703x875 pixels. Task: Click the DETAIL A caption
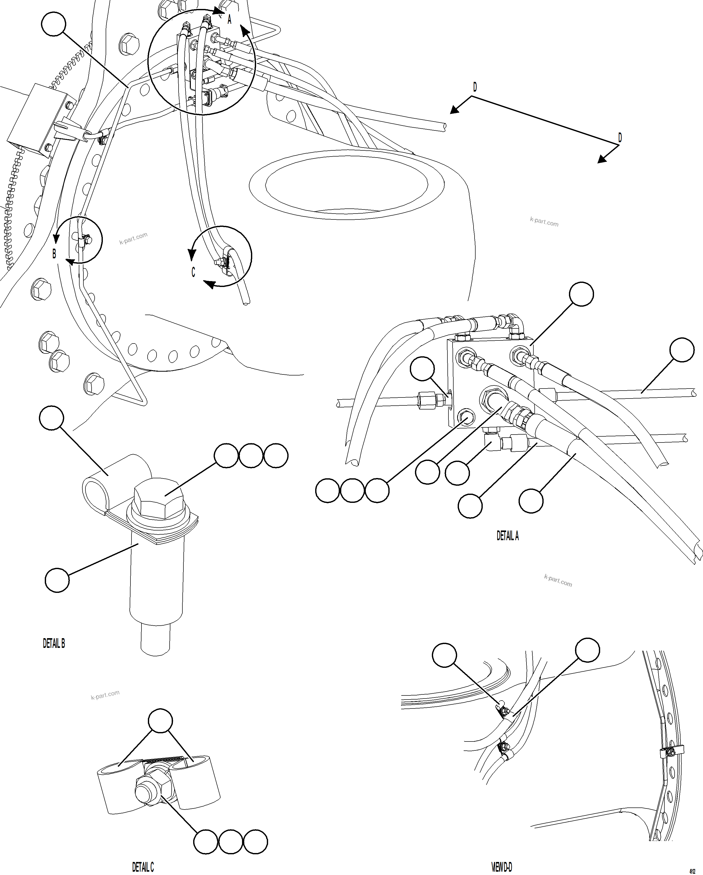pyautogui.click(x=507, y=536)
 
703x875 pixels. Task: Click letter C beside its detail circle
pyautogui.click(x=193, y=272)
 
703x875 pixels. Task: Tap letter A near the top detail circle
pyautogui.click(x=229, y=19)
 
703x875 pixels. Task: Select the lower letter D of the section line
pyautogui.click(x=620, y=138)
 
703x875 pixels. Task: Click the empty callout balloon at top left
pyautogui.click(x=53, y=24)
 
